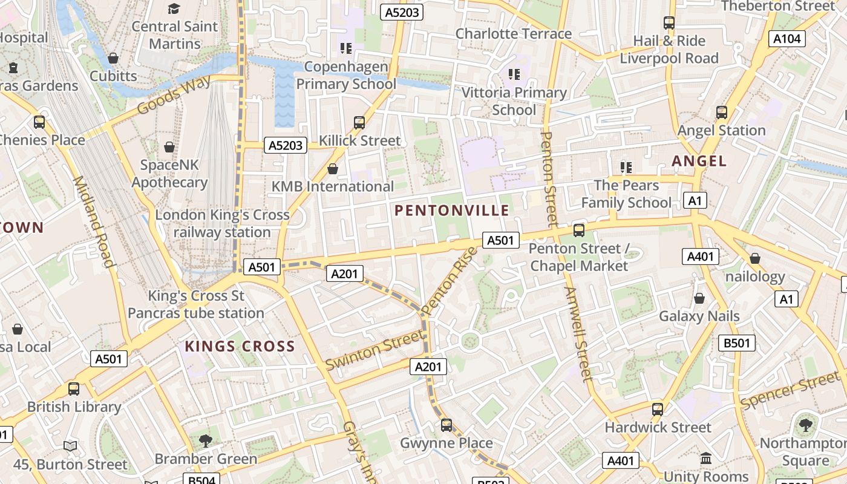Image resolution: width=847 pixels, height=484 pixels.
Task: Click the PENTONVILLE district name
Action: pos(451,211)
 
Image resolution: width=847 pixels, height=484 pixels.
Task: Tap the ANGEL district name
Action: pos(699,161)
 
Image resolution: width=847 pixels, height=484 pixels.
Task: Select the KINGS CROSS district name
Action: pos(240,347)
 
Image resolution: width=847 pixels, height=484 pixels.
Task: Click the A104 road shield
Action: pos(787,39)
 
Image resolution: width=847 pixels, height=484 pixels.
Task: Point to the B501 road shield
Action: pos(737,343)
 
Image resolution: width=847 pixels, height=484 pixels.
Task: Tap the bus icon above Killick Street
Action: pos(359,123)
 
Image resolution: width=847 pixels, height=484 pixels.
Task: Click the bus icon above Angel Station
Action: pos(721,113)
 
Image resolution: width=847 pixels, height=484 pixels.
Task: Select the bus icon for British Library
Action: pos(74,389)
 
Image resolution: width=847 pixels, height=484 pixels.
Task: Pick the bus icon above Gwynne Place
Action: pos(446,425)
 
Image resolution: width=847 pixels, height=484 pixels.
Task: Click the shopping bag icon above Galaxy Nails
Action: pos(699,298)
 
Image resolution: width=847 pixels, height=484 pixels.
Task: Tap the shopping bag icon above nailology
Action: pos(754,259)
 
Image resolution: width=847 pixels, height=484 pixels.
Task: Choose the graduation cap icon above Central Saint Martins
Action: pos(174,8)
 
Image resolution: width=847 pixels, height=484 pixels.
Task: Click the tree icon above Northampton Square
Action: pos(805,425)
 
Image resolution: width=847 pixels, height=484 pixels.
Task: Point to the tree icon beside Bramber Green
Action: pos(206,440)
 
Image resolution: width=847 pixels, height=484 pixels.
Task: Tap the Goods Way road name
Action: pos(174,95)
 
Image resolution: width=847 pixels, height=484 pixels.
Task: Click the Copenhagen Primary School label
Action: pos(346,75)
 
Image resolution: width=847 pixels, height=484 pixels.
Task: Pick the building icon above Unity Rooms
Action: pos(706,458)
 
